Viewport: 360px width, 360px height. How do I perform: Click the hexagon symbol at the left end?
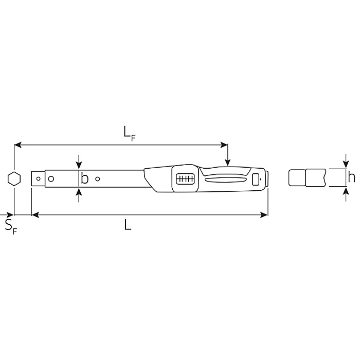pos(14,178)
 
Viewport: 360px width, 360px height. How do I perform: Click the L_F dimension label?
pos(129,133)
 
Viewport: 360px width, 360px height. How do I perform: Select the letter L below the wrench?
pos(128,225)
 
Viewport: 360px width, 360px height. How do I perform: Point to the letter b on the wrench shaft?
pos(85,178)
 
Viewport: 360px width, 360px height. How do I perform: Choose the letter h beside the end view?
pos(351,178)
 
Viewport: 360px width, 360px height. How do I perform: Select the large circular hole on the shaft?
pos(51,178)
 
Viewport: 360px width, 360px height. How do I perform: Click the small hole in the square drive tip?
pos(38,179)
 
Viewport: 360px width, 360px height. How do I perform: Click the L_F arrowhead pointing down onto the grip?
pos(228,163)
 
